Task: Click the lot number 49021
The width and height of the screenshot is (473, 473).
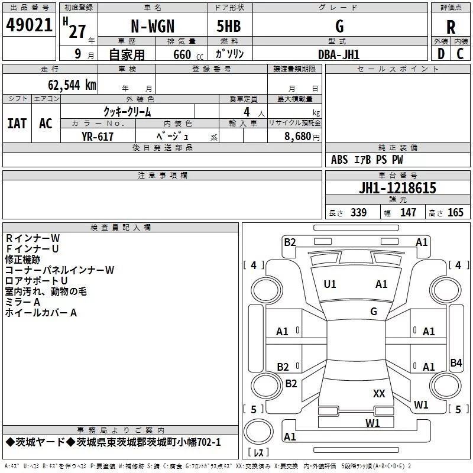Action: click(x=29, y=25)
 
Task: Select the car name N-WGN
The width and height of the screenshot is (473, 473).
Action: click(x=153, y=26)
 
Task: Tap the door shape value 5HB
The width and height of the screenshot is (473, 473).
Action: click(x=229, y=26)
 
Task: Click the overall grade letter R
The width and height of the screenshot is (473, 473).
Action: click(x=451, y=27)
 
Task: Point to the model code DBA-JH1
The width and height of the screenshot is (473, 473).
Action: click(x=339, y=54)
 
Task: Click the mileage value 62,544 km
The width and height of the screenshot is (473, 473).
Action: click(x=72, y=85)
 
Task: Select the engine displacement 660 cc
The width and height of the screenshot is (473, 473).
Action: click(x=188, y=54)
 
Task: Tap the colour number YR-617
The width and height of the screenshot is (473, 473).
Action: click(x=98, y=137)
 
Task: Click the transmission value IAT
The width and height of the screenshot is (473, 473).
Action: click(x=17, y=124)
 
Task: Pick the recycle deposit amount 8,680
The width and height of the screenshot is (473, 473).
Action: click(x=298, y=137)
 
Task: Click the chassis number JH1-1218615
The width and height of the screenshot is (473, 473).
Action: click(x=397, y=188)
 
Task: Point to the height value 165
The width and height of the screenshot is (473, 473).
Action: click(x=455, y=212)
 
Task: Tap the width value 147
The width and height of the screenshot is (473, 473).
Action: click(x=408, y=212)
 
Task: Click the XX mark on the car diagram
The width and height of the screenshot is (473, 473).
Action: click(x=379, y=393)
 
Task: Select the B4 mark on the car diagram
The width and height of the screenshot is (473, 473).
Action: click(x=456, y=362)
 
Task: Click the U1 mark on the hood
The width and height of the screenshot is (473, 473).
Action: click(x=330, y=284)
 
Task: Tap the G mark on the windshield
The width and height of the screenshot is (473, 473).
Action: click(x=374, y=311)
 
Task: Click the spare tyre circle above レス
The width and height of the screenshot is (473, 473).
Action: click(x=258, y=432)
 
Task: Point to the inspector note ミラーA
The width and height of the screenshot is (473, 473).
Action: click(x=22, y=302)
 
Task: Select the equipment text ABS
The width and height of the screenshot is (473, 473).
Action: click(x=339, y=160)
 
